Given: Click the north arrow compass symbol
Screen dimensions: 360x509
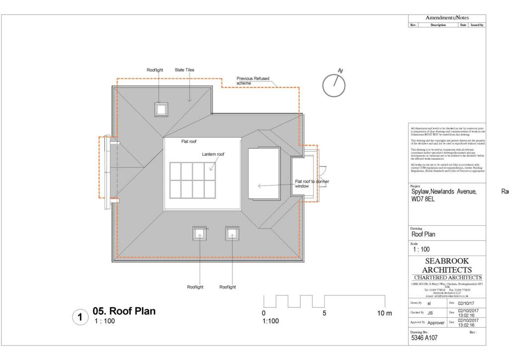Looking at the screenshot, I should click(x=334, y=85).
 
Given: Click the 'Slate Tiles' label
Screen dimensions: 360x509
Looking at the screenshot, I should click(x=184, y=70).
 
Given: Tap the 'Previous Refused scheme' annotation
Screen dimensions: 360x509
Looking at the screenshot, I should click(x=253, y=81).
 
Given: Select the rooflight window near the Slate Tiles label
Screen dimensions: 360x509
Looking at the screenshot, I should click(x=161, y=109).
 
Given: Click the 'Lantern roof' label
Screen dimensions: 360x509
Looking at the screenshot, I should click(x=213, y=154).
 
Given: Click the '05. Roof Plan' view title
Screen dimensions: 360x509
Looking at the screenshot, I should click(x=124, y=311).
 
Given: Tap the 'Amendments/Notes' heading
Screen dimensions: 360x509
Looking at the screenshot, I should click(x=447, y=17).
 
